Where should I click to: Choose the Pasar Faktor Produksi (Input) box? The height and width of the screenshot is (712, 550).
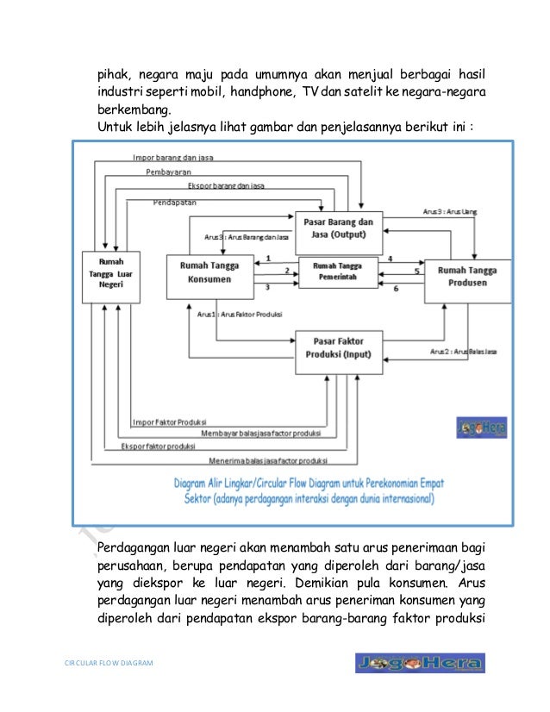(x=338, y=351)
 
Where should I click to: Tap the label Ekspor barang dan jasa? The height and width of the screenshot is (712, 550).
(x=225, y=186)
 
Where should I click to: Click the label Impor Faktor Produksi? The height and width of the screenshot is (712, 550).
(x=169, y=422)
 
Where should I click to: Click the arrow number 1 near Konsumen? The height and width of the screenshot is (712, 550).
(x=268, y=258)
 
